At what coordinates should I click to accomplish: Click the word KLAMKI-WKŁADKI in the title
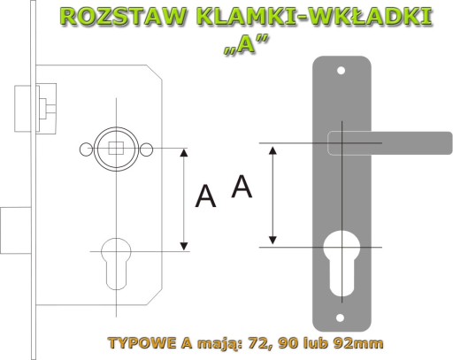point(314,16)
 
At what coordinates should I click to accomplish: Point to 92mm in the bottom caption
point(358,343)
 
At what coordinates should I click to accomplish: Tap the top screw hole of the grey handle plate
point(341,71)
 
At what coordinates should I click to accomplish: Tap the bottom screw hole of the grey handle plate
point(341,318)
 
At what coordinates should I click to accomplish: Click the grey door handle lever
point(390,143)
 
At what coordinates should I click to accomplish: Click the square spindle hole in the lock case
point(116,149)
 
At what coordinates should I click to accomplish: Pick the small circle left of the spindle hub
point(86,149)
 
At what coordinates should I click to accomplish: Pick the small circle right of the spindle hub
point(146,149)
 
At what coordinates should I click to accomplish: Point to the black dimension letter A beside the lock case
point(205,196)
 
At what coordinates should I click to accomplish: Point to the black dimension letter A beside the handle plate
point(242,186)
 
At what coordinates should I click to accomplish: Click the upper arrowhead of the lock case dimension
point(184,153)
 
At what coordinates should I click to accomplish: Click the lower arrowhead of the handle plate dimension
point(273,241)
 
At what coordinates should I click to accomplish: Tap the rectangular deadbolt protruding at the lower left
point(16,230)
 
